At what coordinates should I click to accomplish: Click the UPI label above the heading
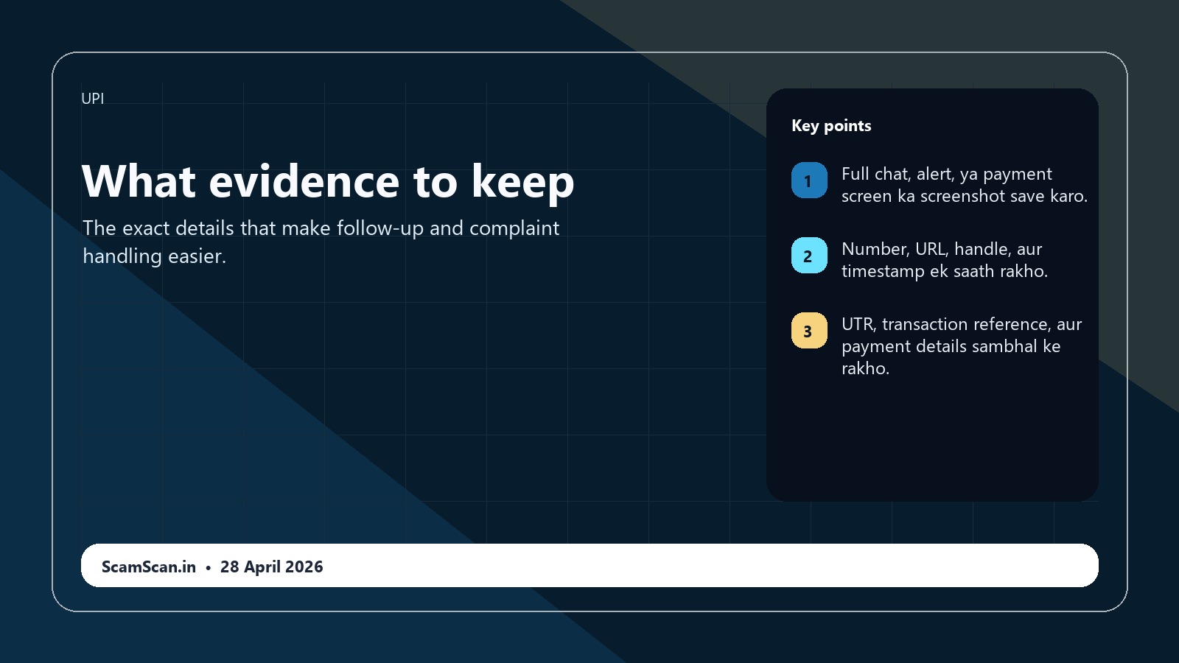(92, 99)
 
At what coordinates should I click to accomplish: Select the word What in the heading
(139, 182)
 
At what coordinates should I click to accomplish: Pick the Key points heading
(831, 126)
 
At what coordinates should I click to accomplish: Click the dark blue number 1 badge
(809, 180)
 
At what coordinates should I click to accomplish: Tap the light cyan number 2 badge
(809, 256)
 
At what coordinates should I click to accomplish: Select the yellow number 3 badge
(809, 331)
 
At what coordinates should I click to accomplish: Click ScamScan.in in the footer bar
(149, 566)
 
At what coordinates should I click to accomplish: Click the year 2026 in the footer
(304, 566)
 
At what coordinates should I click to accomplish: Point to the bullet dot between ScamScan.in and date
(209, 567)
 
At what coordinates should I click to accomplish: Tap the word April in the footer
(262, 566)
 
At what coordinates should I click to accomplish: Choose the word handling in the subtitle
(122, 256)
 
